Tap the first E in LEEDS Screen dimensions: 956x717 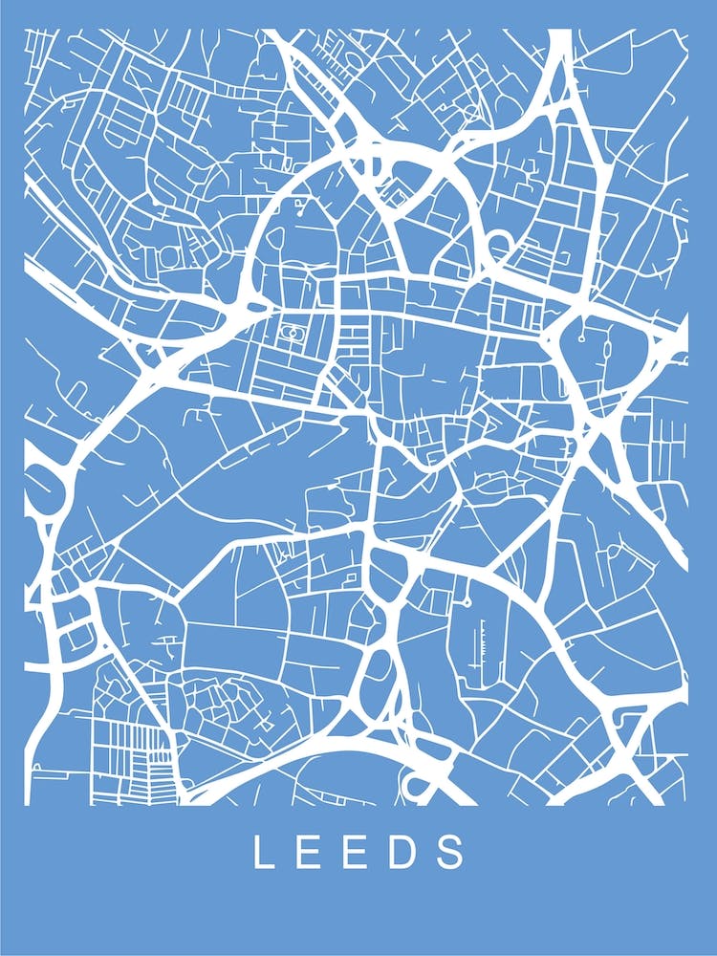click(311, 852)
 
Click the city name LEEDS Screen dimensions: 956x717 click(358, 852)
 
